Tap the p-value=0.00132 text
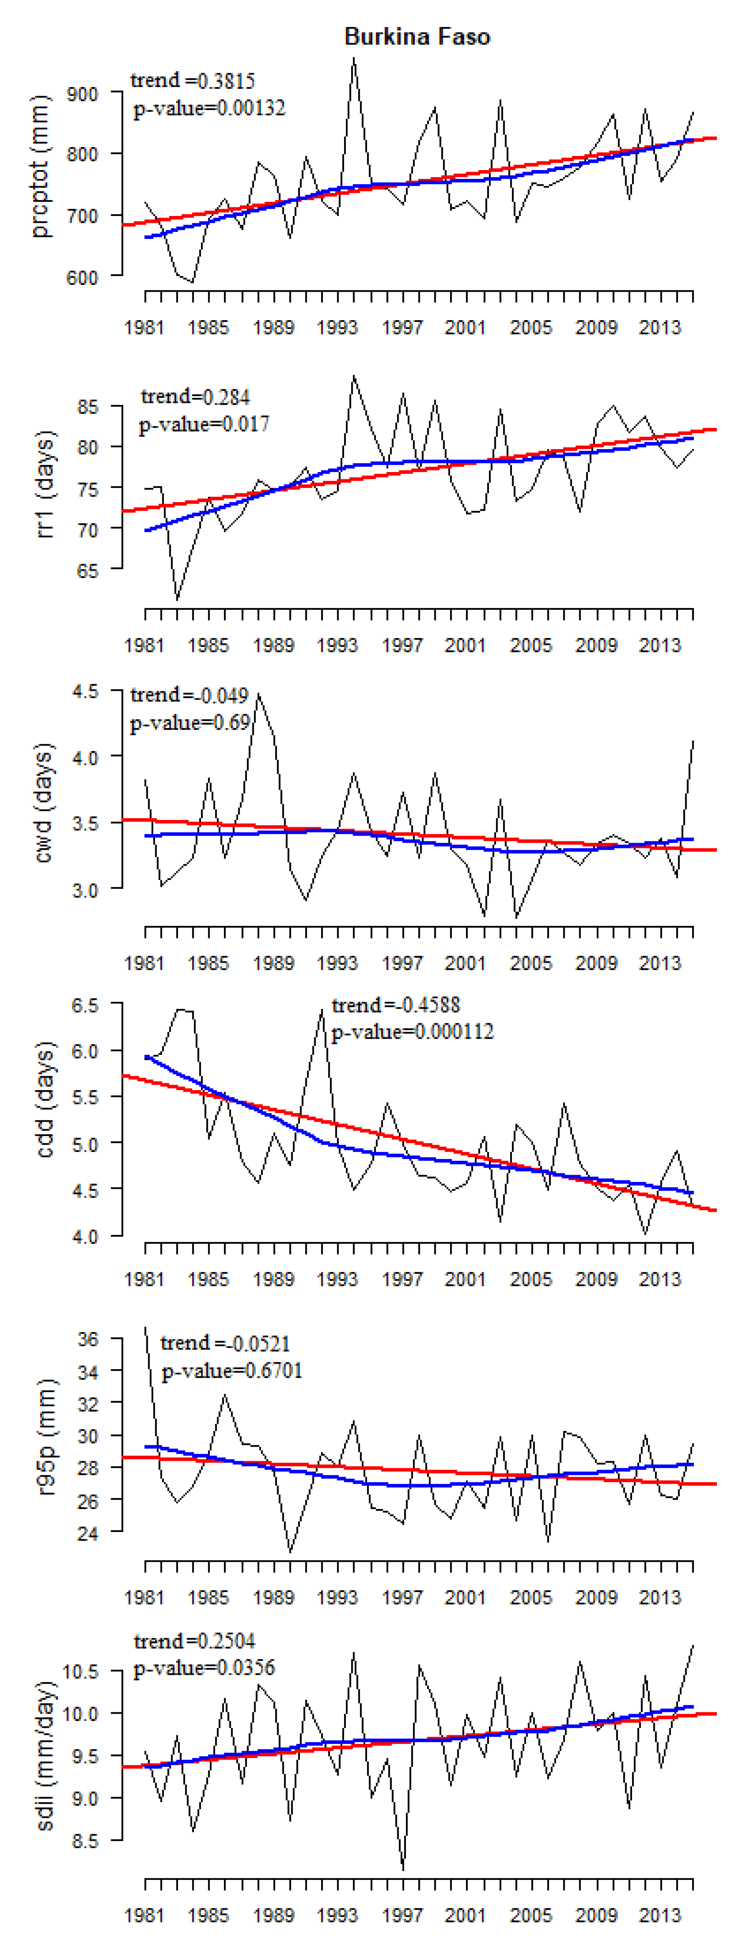tap(209, 109)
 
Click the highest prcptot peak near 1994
tap(354, 59)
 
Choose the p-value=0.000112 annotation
tap(413, 1032)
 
